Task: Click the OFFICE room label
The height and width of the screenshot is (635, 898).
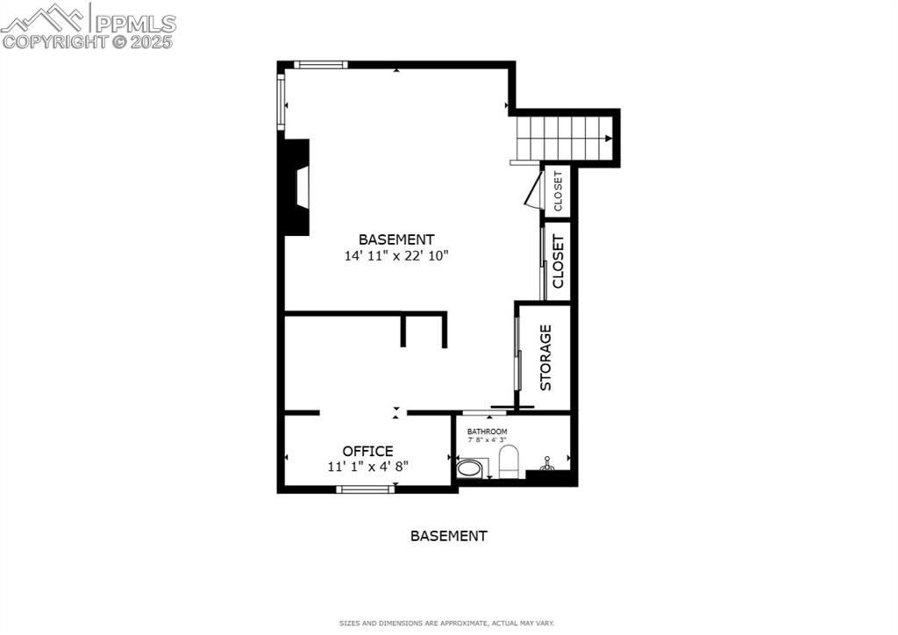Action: (x=367, y=451)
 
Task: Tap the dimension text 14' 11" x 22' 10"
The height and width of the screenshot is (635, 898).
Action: (x=396, y=256)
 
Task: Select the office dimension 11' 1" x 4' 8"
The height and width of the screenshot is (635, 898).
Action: (x=367, y=467)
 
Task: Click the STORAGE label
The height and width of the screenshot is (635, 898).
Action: (x=545, y=357)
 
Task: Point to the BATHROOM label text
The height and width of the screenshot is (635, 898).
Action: (x=487, y=432)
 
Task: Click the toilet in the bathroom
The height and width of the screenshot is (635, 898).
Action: (x=509, y=461)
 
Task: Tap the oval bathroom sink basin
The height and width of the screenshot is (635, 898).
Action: (x=470, y=467)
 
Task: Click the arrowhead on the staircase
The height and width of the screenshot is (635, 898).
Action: (x=608, y=138)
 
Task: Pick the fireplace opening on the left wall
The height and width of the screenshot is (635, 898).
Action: (x=302, y=187)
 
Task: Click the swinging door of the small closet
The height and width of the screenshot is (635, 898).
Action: (x=532, y=190)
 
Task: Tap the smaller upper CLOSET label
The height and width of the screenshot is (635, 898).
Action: (x=558, y=190)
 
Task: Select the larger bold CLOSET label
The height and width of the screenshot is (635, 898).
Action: (x=558, y=261)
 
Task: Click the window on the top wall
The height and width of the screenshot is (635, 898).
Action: (x=320, y=64)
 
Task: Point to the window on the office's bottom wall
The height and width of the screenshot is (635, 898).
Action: (x=365, y=489)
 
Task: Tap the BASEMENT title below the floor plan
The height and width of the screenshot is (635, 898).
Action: (x=448, y=535)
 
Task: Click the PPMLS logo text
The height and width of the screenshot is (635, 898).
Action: (x=135, y=23)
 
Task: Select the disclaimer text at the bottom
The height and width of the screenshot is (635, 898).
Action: (x=447, y=623)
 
